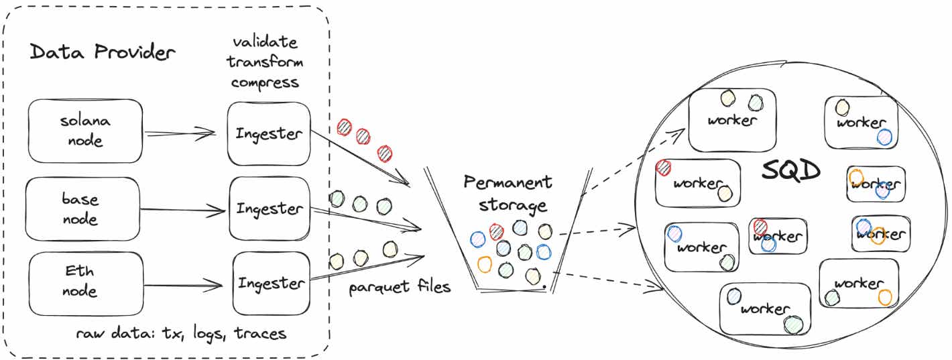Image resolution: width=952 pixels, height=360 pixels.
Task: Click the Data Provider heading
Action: [x=103, y=53]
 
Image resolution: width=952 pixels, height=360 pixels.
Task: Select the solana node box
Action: [x=86, y=131]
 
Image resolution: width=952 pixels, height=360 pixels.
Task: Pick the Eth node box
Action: [x=86, y=282]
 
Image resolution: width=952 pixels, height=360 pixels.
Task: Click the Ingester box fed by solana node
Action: [x=269, y=133]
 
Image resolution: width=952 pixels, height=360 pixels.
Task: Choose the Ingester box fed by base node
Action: [x=269, y=208]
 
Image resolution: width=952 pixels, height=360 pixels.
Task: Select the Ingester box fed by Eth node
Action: [x=272, y=283]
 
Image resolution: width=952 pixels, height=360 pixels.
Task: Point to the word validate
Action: [x=265, y=42]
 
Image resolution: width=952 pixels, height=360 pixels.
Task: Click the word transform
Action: [x=265, y=62]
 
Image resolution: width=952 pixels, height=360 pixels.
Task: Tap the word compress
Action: [x=265, y=83]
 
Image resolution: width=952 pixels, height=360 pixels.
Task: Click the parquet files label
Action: [x=400, y=288]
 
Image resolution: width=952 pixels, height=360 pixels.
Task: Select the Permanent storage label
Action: [x=508, y=193]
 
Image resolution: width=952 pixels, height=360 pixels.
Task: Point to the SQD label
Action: [x=791, y=172]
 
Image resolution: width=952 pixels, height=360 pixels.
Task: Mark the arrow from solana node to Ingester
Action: [x=181, y=133]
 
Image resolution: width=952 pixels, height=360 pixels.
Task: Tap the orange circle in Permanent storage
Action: [x=484, y=263]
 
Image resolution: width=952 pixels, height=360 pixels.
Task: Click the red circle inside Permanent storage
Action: [x=496, y=232]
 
